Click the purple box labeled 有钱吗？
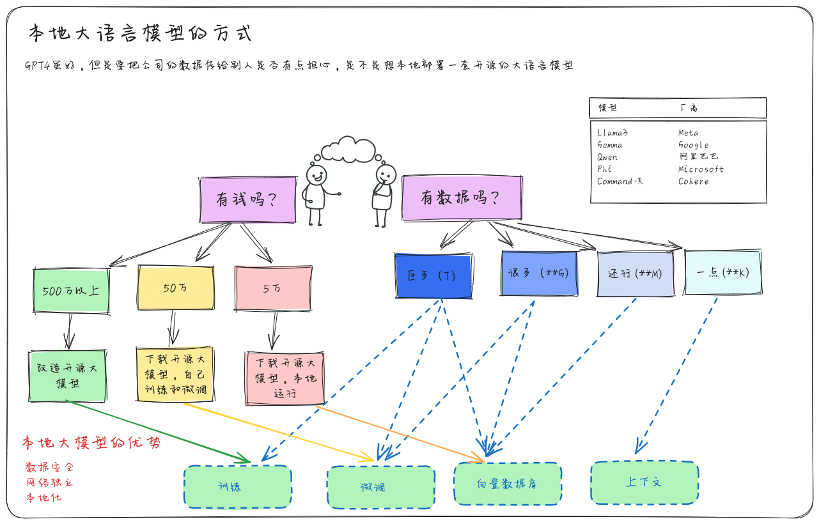[248, 199]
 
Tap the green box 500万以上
[71, 291]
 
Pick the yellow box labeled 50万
[176, 288]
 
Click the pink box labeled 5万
[273, 288]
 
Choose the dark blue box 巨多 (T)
[433, 276]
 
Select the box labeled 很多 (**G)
[539, 273]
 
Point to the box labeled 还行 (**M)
[635, 274]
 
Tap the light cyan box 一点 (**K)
[722, 272]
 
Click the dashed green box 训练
[238, 487]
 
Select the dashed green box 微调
[381, 488]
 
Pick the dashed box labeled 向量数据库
[508, 484]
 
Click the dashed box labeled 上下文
[644, 482]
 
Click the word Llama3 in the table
[612, 133]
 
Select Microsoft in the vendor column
[701, 169]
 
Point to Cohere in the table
[693, 181]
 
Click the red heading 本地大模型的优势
[91, 443]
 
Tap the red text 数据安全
[49, 466]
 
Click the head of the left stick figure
[316, 174]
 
